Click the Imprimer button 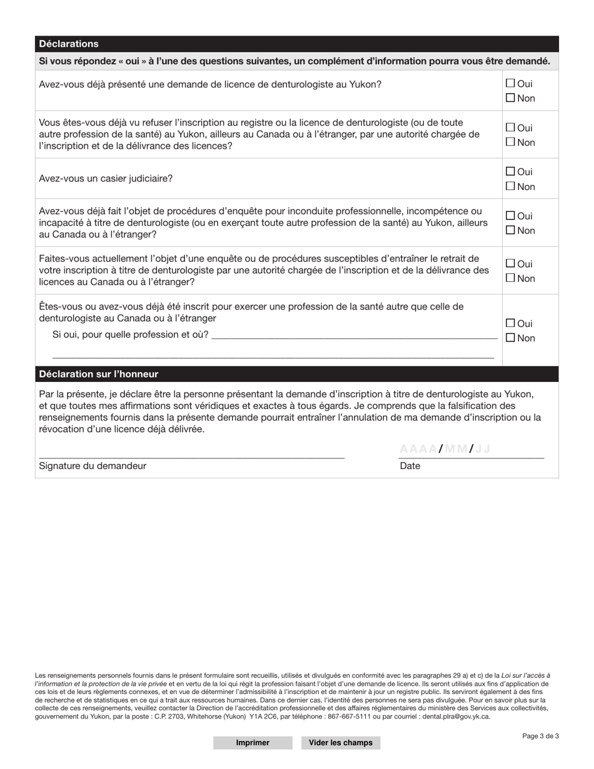tap(253, 743)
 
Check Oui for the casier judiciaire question tap(510, 171)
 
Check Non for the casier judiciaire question tap(510, 186)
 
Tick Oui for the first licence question tap(510, 83)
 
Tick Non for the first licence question tap(510, 98)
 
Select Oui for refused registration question tap(510, 128)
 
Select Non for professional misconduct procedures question tap(510, 230)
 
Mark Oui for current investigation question tap(510, 264)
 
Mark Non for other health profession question tap(510, 338)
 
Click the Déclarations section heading tap(69, 44)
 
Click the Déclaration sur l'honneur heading tap(99, 374)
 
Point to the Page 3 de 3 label tap(540, 736)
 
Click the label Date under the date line tap(410, 466)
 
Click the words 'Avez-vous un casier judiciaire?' tap(106, 179)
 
